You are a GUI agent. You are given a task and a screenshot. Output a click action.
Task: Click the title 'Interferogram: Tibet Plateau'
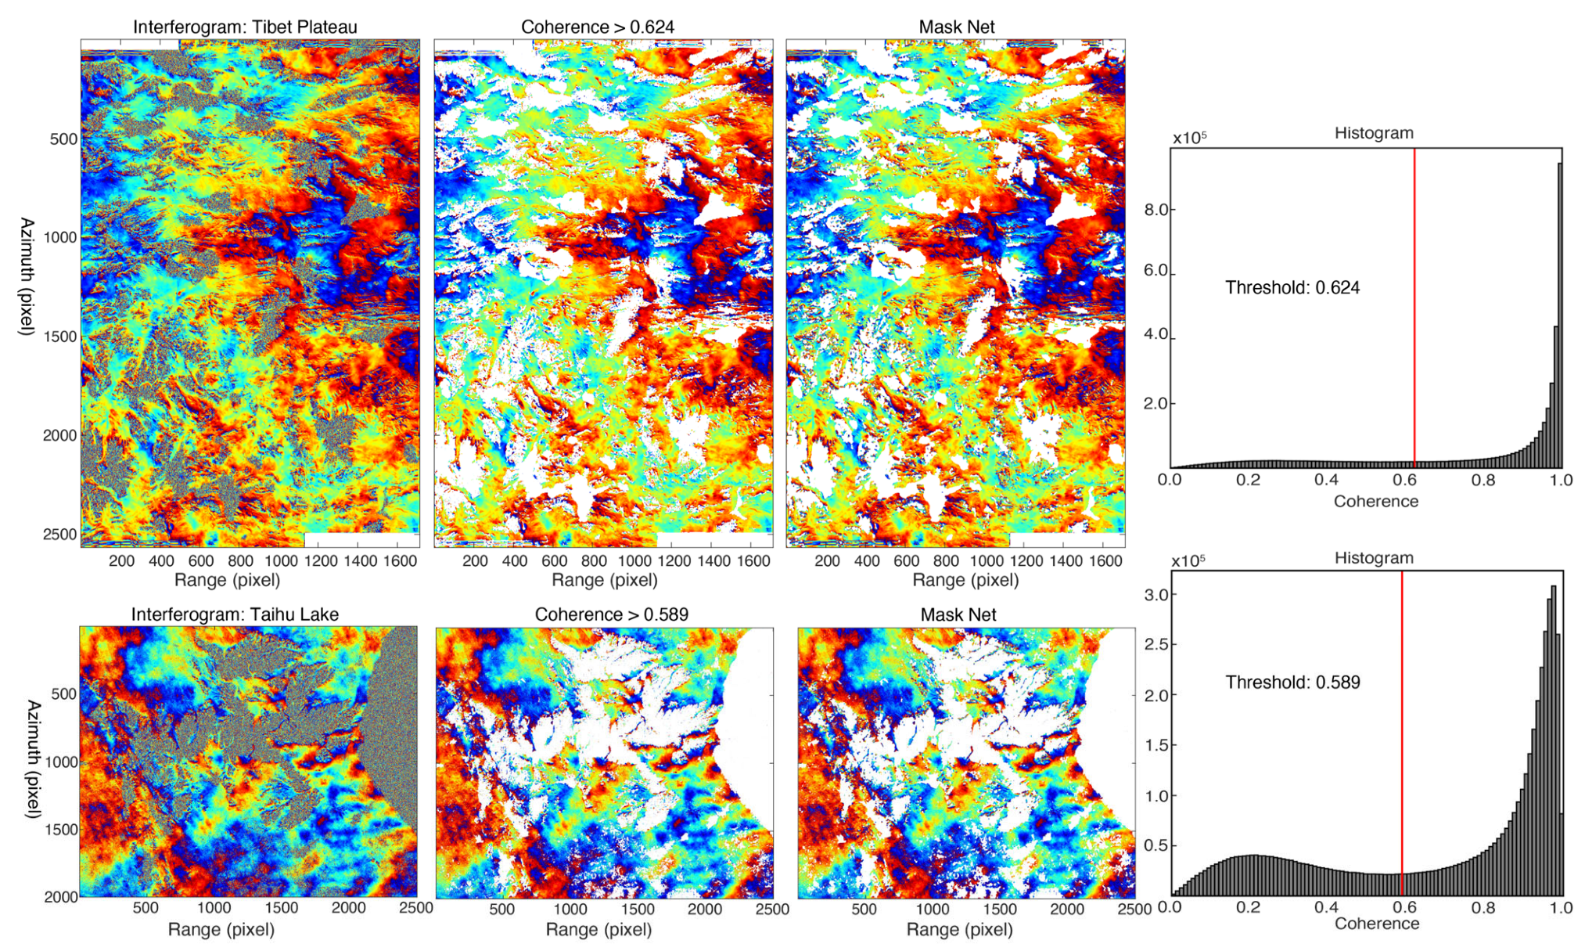(x=245, y=27)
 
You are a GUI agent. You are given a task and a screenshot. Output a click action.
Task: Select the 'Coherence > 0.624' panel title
(x=598, y=27)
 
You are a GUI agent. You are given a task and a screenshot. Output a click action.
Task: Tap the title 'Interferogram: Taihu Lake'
(x=235, y=614)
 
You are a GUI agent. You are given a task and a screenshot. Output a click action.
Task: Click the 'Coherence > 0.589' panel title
(x=611, y=614)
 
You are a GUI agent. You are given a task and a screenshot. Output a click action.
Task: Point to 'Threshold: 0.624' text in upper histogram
(x=1292, y=287)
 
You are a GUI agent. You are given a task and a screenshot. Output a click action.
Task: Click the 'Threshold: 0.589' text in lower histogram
(x=1292, y=682)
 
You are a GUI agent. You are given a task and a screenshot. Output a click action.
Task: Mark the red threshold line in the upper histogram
(x=1414, y=313)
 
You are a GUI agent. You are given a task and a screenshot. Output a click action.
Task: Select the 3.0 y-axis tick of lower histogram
(x=1156, y=595)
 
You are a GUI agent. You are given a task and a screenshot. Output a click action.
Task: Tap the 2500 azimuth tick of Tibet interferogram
(x=60, y=534)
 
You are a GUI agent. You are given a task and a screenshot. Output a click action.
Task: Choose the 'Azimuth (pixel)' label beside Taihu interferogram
(x=33, y=759)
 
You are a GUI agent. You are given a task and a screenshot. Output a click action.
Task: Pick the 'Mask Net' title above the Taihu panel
(x=958, y=614)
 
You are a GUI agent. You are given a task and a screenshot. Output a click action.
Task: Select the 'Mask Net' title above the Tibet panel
(x=956, y=27)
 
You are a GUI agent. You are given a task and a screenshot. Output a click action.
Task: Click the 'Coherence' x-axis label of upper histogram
(x=1375, y=501)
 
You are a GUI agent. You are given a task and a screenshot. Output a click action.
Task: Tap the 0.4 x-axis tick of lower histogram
(x=1326, y=907)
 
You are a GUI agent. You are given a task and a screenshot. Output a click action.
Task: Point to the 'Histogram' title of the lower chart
(x=1373, y=557)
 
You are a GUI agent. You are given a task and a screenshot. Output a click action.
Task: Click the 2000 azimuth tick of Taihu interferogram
(x=60, y=896)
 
